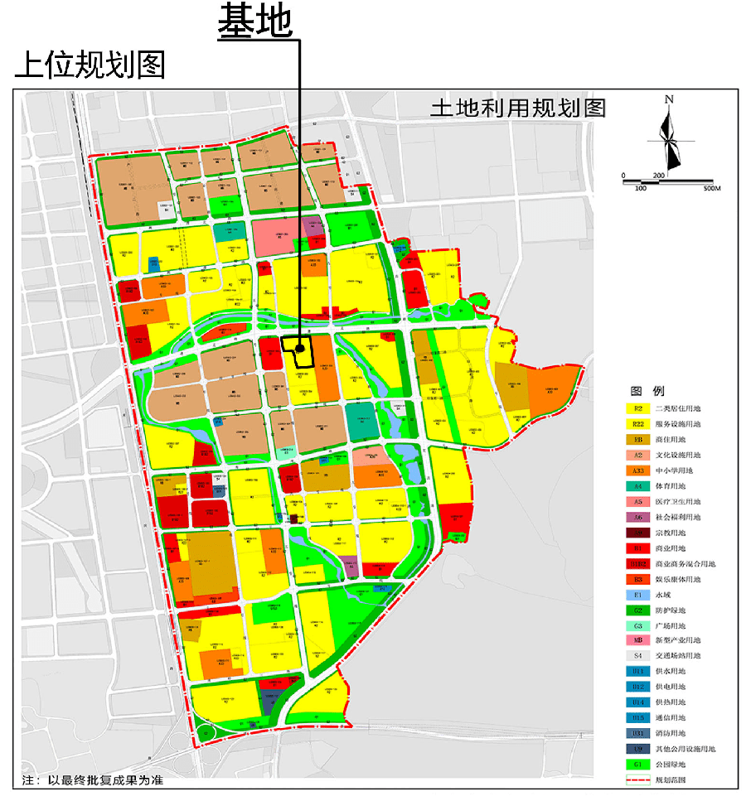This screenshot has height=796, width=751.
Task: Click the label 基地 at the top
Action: point(255,22)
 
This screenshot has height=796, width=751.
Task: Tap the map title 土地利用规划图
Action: point(518,109)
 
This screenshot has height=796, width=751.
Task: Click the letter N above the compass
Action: point(669,100)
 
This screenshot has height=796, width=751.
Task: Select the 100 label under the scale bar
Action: point(640,189)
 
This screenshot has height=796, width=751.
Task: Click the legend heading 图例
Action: point(647,391)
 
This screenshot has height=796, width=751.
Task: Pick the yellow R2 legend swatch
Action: point(638,408)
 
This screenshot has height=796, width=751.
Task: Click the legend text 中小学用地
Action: point(677,470)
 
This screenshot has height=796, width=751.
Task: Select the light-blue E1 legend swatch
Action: point(638,595)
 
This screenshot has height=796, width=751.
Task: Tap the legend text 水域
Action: point(663,595)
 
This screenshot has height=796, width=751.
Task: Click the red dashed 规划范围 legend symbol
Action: point(638,780)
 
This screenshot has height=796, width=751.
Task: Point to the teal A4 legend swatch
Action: point(638,486)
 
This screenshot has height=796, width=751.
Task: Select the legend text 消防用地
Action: point(671,734)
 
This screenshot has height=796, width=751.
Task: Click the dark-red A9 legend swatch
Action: point(638,533)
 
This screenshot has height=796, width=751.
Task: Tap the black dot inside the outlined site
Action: point(299,350)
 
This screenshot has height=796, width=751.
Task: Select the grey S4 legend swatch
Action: point(638,656)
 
